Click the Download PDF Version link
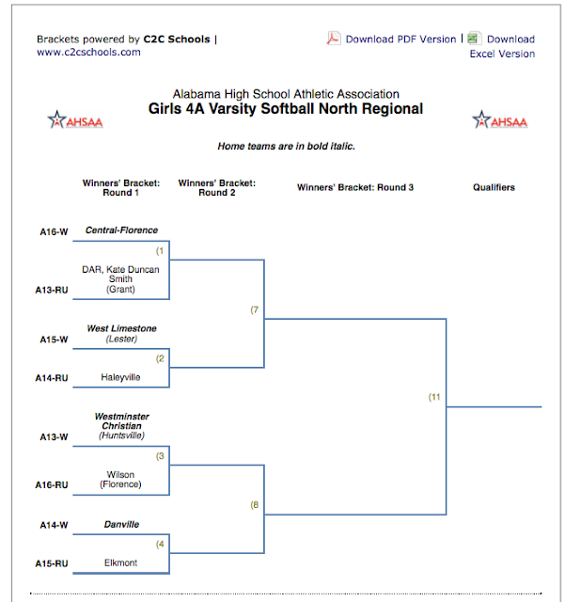coord(400,40)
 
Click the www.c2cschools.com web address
coord(88,53)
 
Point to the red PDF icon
coord(333,39)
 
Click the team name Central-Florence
coord(121,230)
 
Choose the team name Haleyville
coord(121,377)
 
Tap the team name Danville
coord(121,524)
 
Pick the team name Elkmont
coord(121,562)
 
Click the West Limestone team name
coord(121,328)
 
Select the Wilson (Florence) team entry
coord(121,480)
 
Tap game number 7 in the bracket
coord(254,309)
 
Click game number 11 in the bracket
coord(434,398)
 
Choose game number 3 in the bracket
coord(161,456)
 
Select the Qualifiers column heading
coord(494,187)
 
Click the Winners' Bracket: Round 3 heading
coord(355,187)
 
